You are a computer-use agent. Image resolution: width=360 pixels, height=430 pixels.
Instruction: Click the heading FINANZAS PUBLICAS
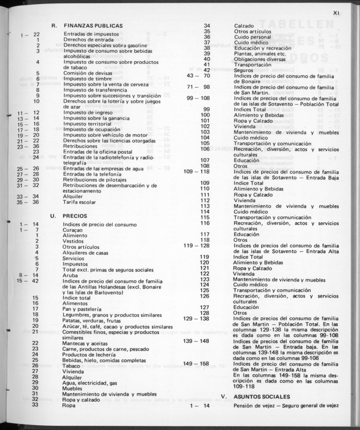[x=93, y=26]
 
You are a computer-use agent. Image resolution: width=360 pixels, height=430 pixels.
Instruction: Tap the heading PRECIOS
[x=75, y=216]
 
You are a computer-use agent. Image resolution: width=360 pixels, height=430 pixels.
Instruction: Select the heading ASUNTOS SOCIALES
[x=262, y=397]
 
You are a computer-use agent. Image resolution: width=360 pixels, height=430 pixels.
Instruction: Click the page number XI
[x=337, y=13]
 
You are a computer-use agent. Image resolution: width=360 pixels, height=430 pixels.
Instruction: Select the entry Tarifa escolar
[x=80, y=202]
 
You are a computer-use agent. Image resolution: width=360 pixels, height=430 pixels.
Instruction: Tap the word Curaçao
[x=72, y=230]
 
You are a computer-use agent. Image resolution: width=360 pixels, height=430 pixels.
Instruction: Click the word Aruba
[x=70, y=275]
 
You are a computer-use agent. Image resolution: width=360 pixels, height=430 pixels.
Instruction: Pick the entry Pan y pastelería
[x=82, y=309]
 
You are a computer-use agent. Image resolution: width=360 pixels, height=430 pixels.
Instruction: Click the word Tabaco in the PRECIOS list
[x=71, y=366]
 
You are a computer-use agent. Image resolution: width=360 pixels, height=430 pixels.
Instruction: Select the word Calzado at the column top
[x=244, y=25]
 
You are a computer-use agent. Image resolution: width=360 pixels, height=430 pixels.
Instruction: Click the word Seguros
[x=244, y=70]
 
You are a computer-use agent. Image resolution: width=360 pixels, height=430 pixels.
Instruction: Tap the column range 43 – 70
[x=199, y=76]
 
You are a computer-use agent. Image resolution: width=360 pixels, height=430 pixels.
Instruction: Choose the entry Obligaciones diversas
[x=258, y=59]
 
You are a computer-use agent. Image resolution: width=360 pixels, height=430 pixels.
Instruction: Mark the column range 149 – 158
[x=196, y=363]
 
